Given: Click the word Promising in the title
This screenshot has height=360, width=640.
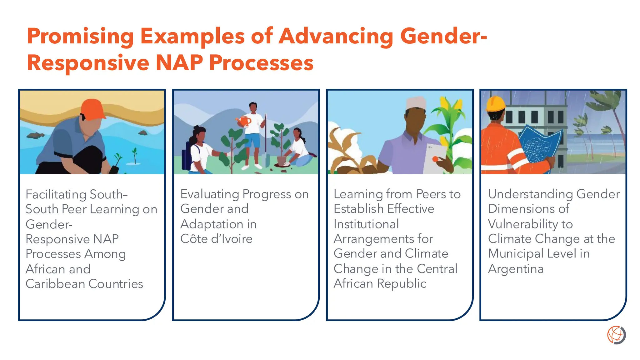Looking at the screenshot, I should tap(80, 37).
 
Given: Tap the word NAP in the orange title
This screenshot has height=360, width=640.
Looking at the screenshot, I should tap(179, 62).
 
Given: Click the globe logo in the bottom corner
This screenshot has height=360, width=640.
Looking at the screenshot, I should tap(616, 335).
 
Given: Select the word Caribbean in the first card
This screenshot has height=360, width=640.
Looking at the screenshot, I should tap(55, 284).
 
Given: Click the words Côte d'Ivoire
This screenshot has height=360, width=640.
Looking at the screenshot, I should tap(216, 239).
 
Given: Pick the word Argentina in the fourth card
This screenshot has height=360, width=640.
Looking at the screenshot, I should tap(516, 269).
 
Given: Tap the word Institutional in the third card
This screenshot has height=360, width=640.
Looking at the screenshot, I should tap(366, 224).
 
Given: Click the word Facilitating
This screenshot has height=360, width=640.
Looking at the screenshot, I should tap(56, 194).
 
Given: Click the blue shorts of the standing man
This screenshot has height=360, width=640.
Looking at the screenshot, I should tap(252, 140).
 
